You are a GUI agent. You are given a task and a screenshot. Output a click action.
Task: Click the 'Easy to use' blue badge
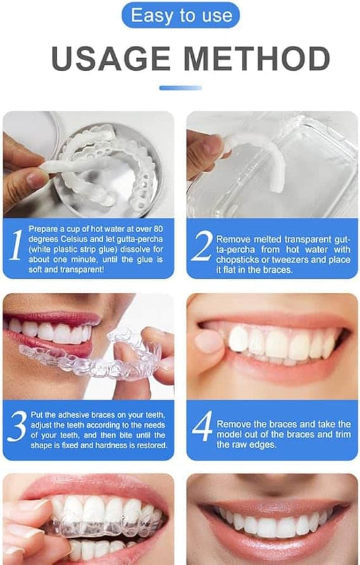(x=180, y=15)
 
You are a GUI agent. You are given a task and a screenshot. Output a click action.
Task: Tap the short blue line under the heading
(x=180, y=88)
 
